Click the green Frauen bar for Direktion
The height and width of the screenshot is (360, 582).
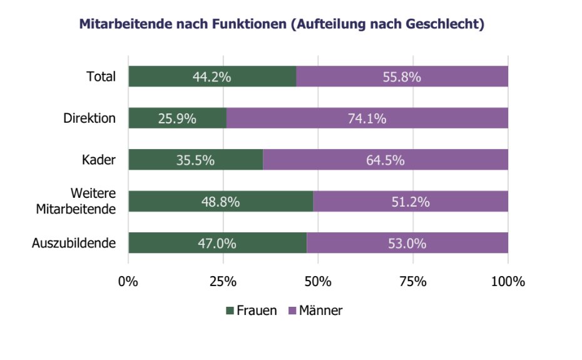[x=178, y=118]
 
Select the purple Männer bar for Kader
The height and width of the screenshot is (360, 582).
[x=385, y=160]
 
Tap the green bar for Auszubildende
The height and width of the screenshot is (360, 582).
[x=218, y=243]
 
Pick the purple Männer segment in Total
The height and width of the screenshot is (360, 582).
[x=402, y=76]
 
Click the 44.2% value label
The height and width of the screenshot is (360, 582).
[x=212, y=77]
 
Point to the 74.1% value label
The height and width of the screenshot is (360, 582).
[x=367, y=118]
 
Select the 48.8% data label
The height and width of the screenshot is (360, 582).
[x=220, y=202]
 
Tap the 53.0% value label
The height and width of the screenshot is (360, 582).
[x=407, y=244]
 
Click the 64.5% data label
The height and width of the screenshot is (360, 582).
[x=385, y=160]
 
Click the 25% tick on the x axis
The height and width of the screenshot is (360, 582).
[x=223, y=282]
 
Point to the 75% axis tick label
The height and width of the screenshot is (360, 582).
[x=413, y=282]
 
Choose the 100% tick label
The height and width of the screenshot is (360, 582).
[x=508, y=282]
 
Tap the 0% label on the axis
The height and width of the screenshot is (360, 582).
[x=128, y=282]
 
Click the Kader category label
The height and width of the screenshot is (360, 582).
[x=99, y=160]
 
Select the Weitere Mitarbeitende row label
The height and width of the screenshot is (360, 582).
[x=76, y=201]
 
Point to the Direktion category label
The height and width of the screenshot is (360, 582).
[x=89, y=118]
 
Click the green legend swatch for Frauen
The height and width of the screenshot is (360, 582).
[x=230, y=311]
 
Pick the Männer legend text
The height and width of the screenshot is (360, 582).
[x=320, y=310]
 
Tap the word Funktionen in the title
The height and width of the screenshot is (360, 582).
[x=250, y=24]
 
